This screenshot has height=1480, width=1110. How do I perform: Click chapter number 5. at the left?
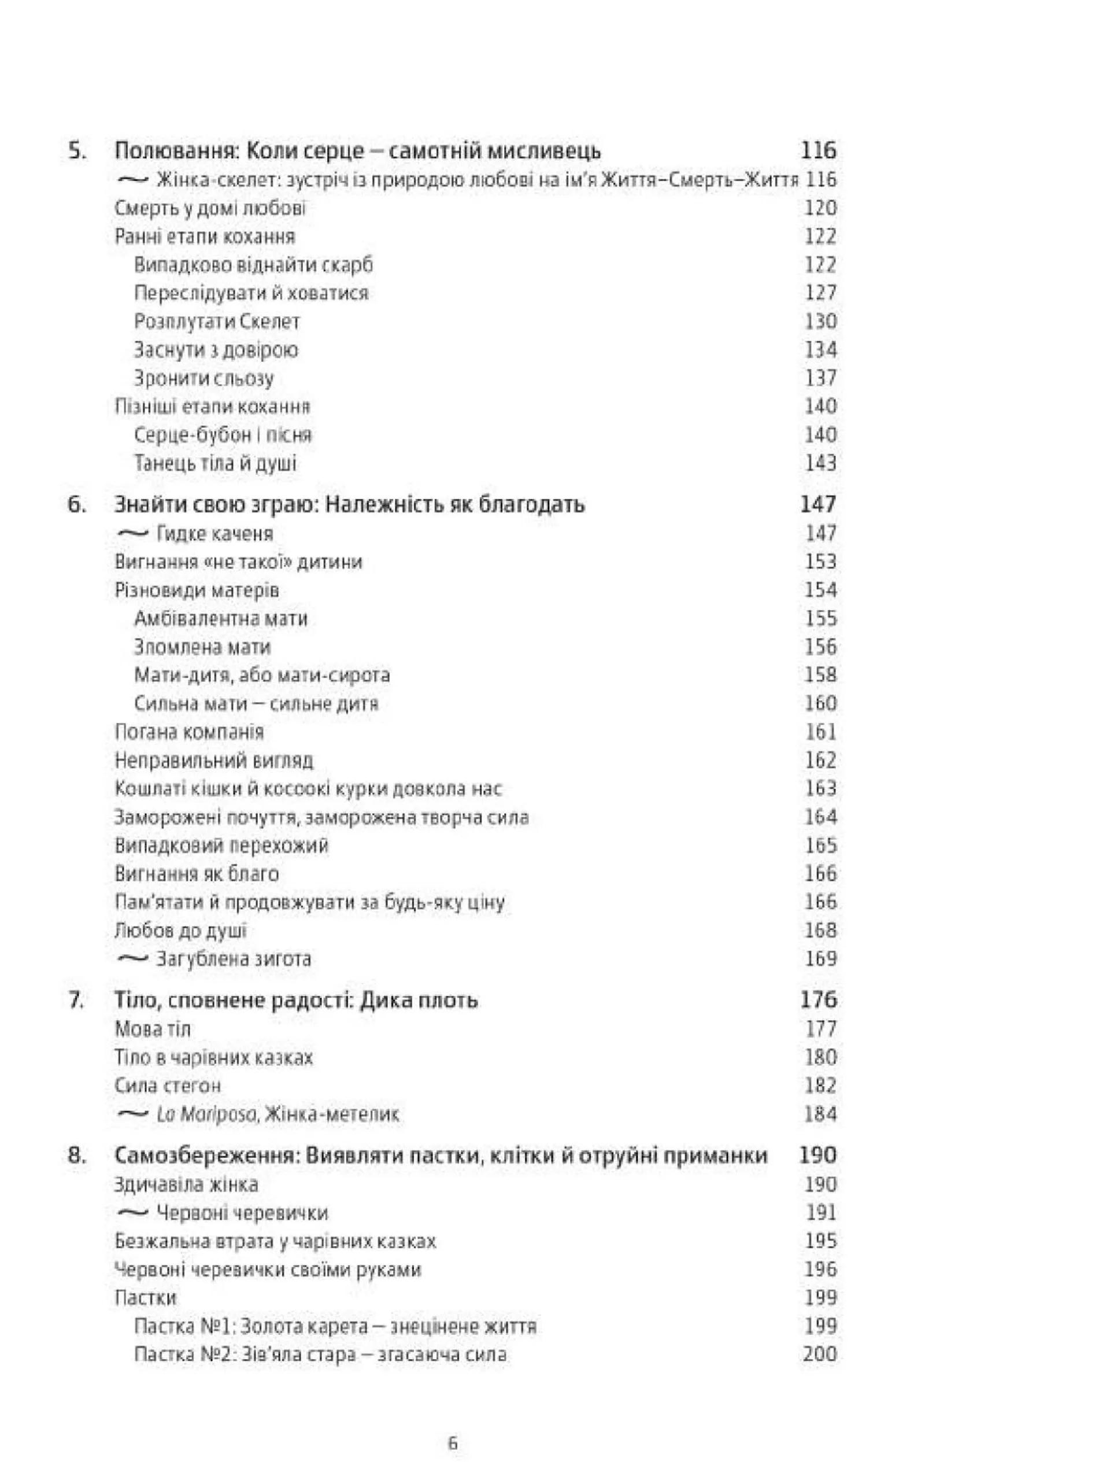[x=77, y=151]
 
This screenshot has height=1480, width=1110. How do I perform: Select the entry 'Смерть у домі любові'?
[x=210, y=208]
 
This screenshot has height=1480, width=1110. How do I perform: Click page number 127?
[x=820, y=293]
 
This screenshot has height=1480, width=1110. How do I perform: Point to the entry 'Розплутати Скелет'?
[x=217, y=322]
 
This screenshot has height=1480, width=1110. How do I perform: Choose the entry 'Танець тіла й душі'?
[x=214, y=463]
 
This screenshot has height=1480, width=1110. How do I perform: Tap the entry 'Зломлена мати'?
[x=202, y=647]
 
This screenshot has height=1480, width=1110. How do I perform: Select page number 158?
[x=820, y=674]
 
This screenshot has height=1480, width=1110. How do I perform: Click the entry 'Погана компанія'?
[x=189, y=732]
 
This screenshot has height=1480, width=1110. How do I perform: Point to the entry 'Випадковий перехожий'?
[x=221, y=846]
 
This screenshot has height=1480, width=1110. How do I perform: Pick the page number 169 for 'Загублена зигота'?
[x=820, y=959]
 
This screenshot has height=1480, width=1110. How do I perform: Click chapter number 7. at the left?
[x=77, y=1001]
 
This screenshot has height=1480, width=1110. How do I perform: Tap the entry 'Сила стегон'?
[x=168, y=1085]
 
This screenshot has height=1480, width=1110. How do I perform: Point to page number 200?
[x=819, y=1355]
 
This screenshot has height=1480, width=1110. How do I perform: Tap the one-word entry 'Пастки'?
[x=146, y=1298]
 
